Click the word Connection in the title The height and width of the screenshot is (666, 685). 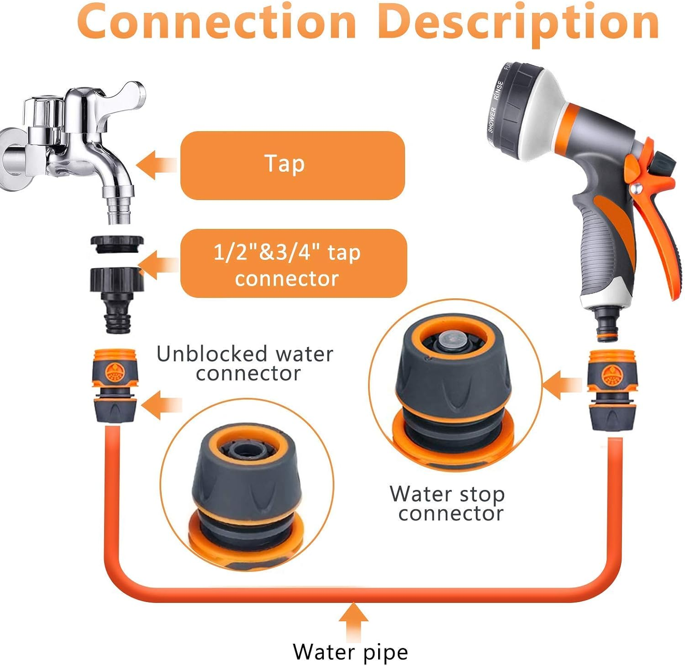[x=216, y=22]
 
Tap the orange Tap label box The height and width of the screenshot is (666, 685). [x=292, y=165]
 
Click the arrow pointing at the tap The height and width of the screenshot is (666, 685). [x=155, y=165]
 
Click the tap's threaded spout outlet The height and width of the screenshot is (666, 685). [x=120, y=211]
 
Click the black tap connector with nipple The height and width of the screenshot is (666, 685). [x=117, y=292]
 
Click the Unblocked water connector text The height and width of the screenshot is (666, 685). [x=245, y=363]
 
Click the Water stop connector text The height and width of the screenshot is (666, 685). [x=448, y=503]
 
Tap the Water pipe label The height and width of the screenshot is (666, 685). [x=350, y=651]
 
